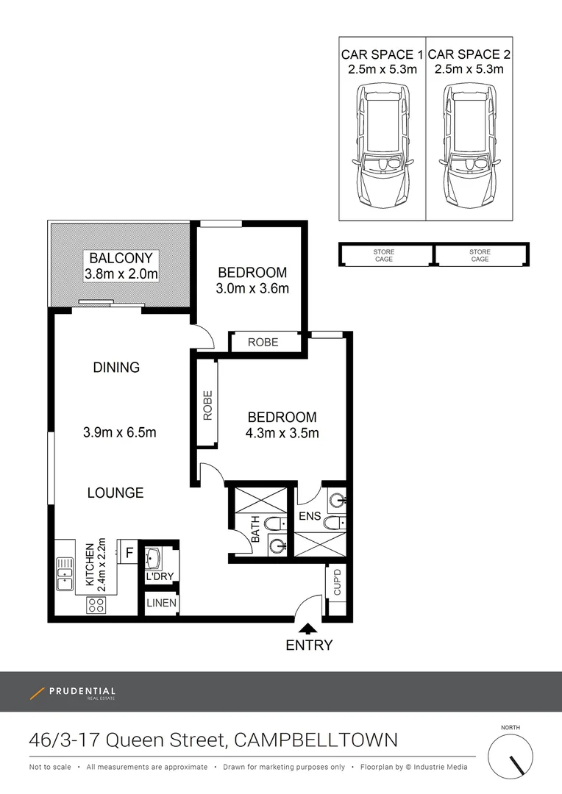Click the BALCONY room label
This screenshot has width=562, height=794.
tap(121, 258)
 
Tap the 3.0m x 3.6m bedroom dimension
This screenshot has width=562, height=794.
tap(252, 288)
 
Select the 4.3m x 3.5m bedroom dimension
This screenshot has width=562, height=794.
tap(282, 433)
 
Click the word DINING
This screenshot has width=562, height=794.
tap(116, 368)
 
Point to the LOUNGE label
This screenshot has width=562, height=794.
tap(115, 493)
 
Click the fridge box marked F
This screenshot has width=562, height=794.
tap(129, 551)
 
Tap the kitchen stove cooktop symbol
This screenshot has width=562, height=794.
tap(96, 605)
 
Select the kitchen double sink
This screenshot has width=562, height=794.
tap(64, 574)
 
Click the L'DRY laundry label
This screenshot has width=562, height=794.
tap(158, 578)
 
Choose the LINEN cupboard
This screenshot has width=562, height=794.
tap(160, 604)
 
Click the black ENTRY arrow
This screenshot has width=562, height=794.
tap(309, 628)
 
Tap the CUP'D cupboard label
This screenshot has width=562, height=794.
tap(337, 581)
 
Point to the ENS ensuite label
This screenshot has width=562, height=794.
tap(310, 516)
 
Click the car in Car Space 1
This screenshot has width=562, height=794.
tap(382, 145)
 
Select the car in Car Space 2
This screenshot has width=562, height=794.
tap(469, 145)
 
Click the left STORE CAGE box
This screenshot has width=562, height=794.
tap(384, 255)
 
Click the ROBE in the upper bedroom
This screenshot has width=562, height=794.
tap(263, 342)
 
